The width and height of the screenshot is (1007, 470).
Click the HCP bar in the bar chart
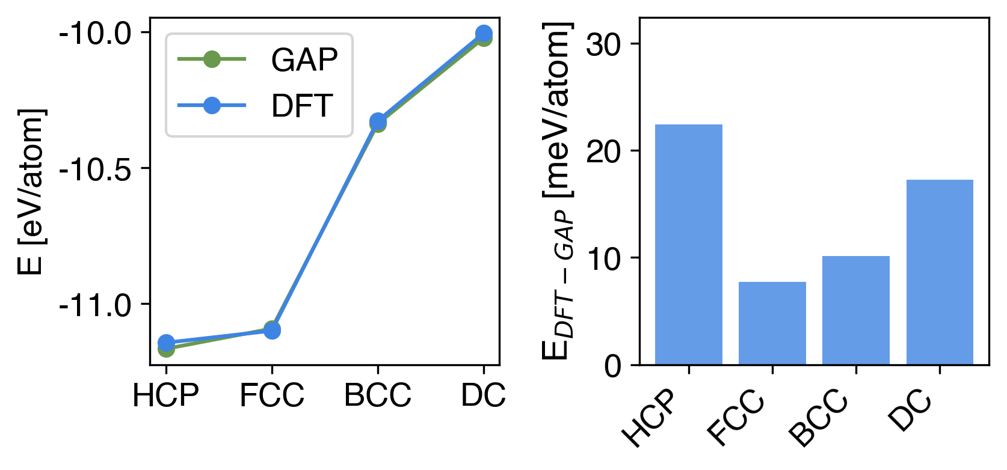[x=688, y=245]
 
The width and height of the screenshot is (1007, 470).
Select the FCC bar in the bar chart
[x=772, y=323]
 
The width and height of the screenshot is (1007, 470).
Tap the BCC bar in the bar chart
[x=855, y=310]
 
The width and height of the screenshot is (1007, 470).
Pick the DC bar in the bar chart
[x=939, y=272]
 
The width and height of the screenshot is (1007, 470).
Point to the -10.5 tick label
[x=95, y=169]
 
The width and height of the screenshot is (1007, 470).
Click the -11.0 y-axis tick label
[x=95, y=305]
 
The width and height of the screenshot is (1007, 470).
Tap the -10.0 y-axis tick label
[x=95, y=32]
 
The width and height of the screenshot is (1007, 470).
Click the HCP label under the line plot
[x=165, y=395]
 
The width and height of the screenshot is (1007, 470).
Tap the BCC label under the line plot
[x=377, y=395]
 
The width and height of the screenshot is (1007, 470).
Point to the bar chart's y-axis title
[x=557, y=191]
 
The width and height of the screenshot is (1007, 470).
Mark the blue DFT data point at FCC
[x=272, y=330]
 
